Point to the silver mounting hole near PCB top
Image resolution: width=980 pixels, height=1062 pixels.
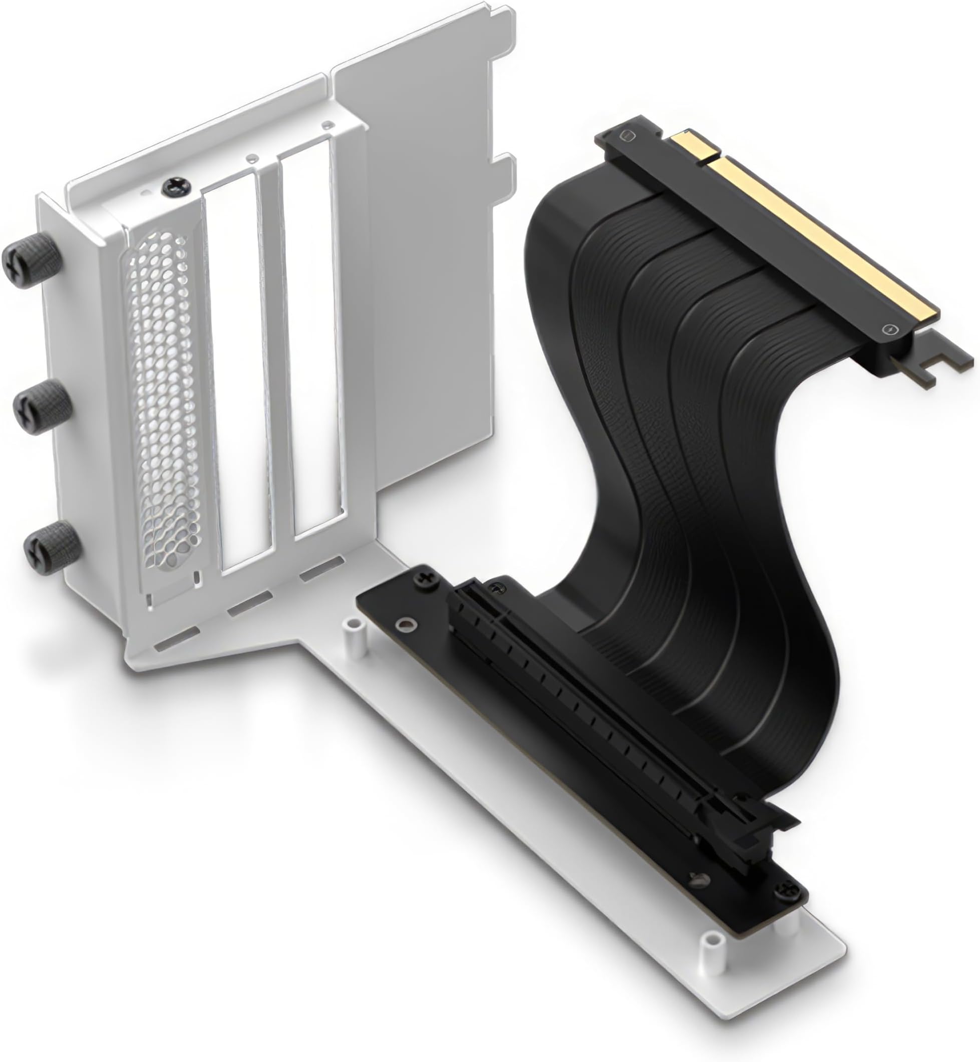coord(406,624)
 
